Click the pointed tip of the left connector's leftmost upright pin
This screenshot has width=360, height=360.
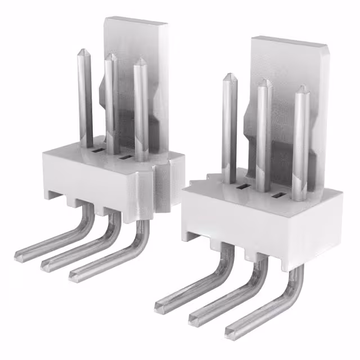coord(85,51)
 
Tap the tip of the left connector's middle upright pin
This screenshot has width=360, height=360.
coord(111,56)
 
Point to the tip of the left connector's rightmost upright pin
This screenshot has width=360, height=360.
coord(139,58)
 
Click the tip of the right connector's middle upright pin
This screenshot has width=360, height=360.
coord(265,82)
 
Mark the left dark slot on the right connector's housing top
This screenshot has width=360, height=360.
coord(243,186)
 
